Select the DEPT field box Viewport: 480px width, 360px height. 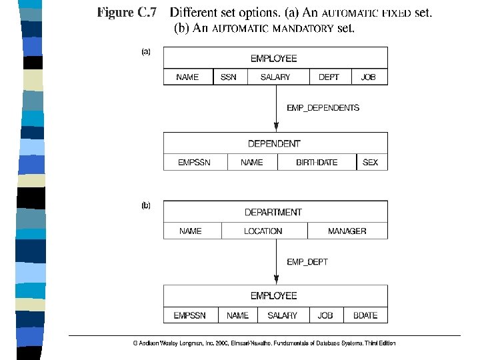pos(329,77)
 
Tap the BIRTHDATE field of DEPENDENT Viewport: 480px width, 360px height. pos(317,162)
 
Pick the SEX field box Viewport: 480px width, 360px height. pos(370,162)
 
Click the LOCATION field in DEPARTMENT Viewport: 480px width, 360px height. pos(263,231)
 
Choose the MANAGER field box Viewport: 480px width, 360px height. pos(347,231)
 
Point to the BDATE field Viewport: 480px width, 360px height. pos(365,315)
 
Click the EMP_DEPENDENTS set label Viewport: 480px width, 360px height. pos(323,107)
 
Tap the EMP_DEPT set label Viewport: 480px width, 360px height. pos(307,262)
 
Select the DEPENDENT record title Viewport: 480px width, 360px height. pos(274,143)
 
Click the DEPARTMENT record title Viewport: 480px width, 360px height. pos(273,212)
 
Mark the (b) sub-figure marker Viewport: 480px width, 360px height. pos(146,205)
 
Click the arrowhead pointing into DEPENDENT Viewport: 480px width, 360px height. pos(276,127)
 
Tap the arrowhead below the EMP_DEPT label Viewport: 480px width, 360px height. pos(276,280)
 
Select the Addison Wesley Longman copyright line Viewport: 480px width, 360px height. pos(264,343)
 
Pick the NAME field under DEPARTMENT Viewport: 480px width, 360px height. pos(191,231)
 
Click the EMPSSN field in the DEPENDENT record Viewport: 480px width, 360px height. pos(194,162)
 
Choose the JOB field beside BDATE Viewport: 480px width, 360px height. pos(325,315)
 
